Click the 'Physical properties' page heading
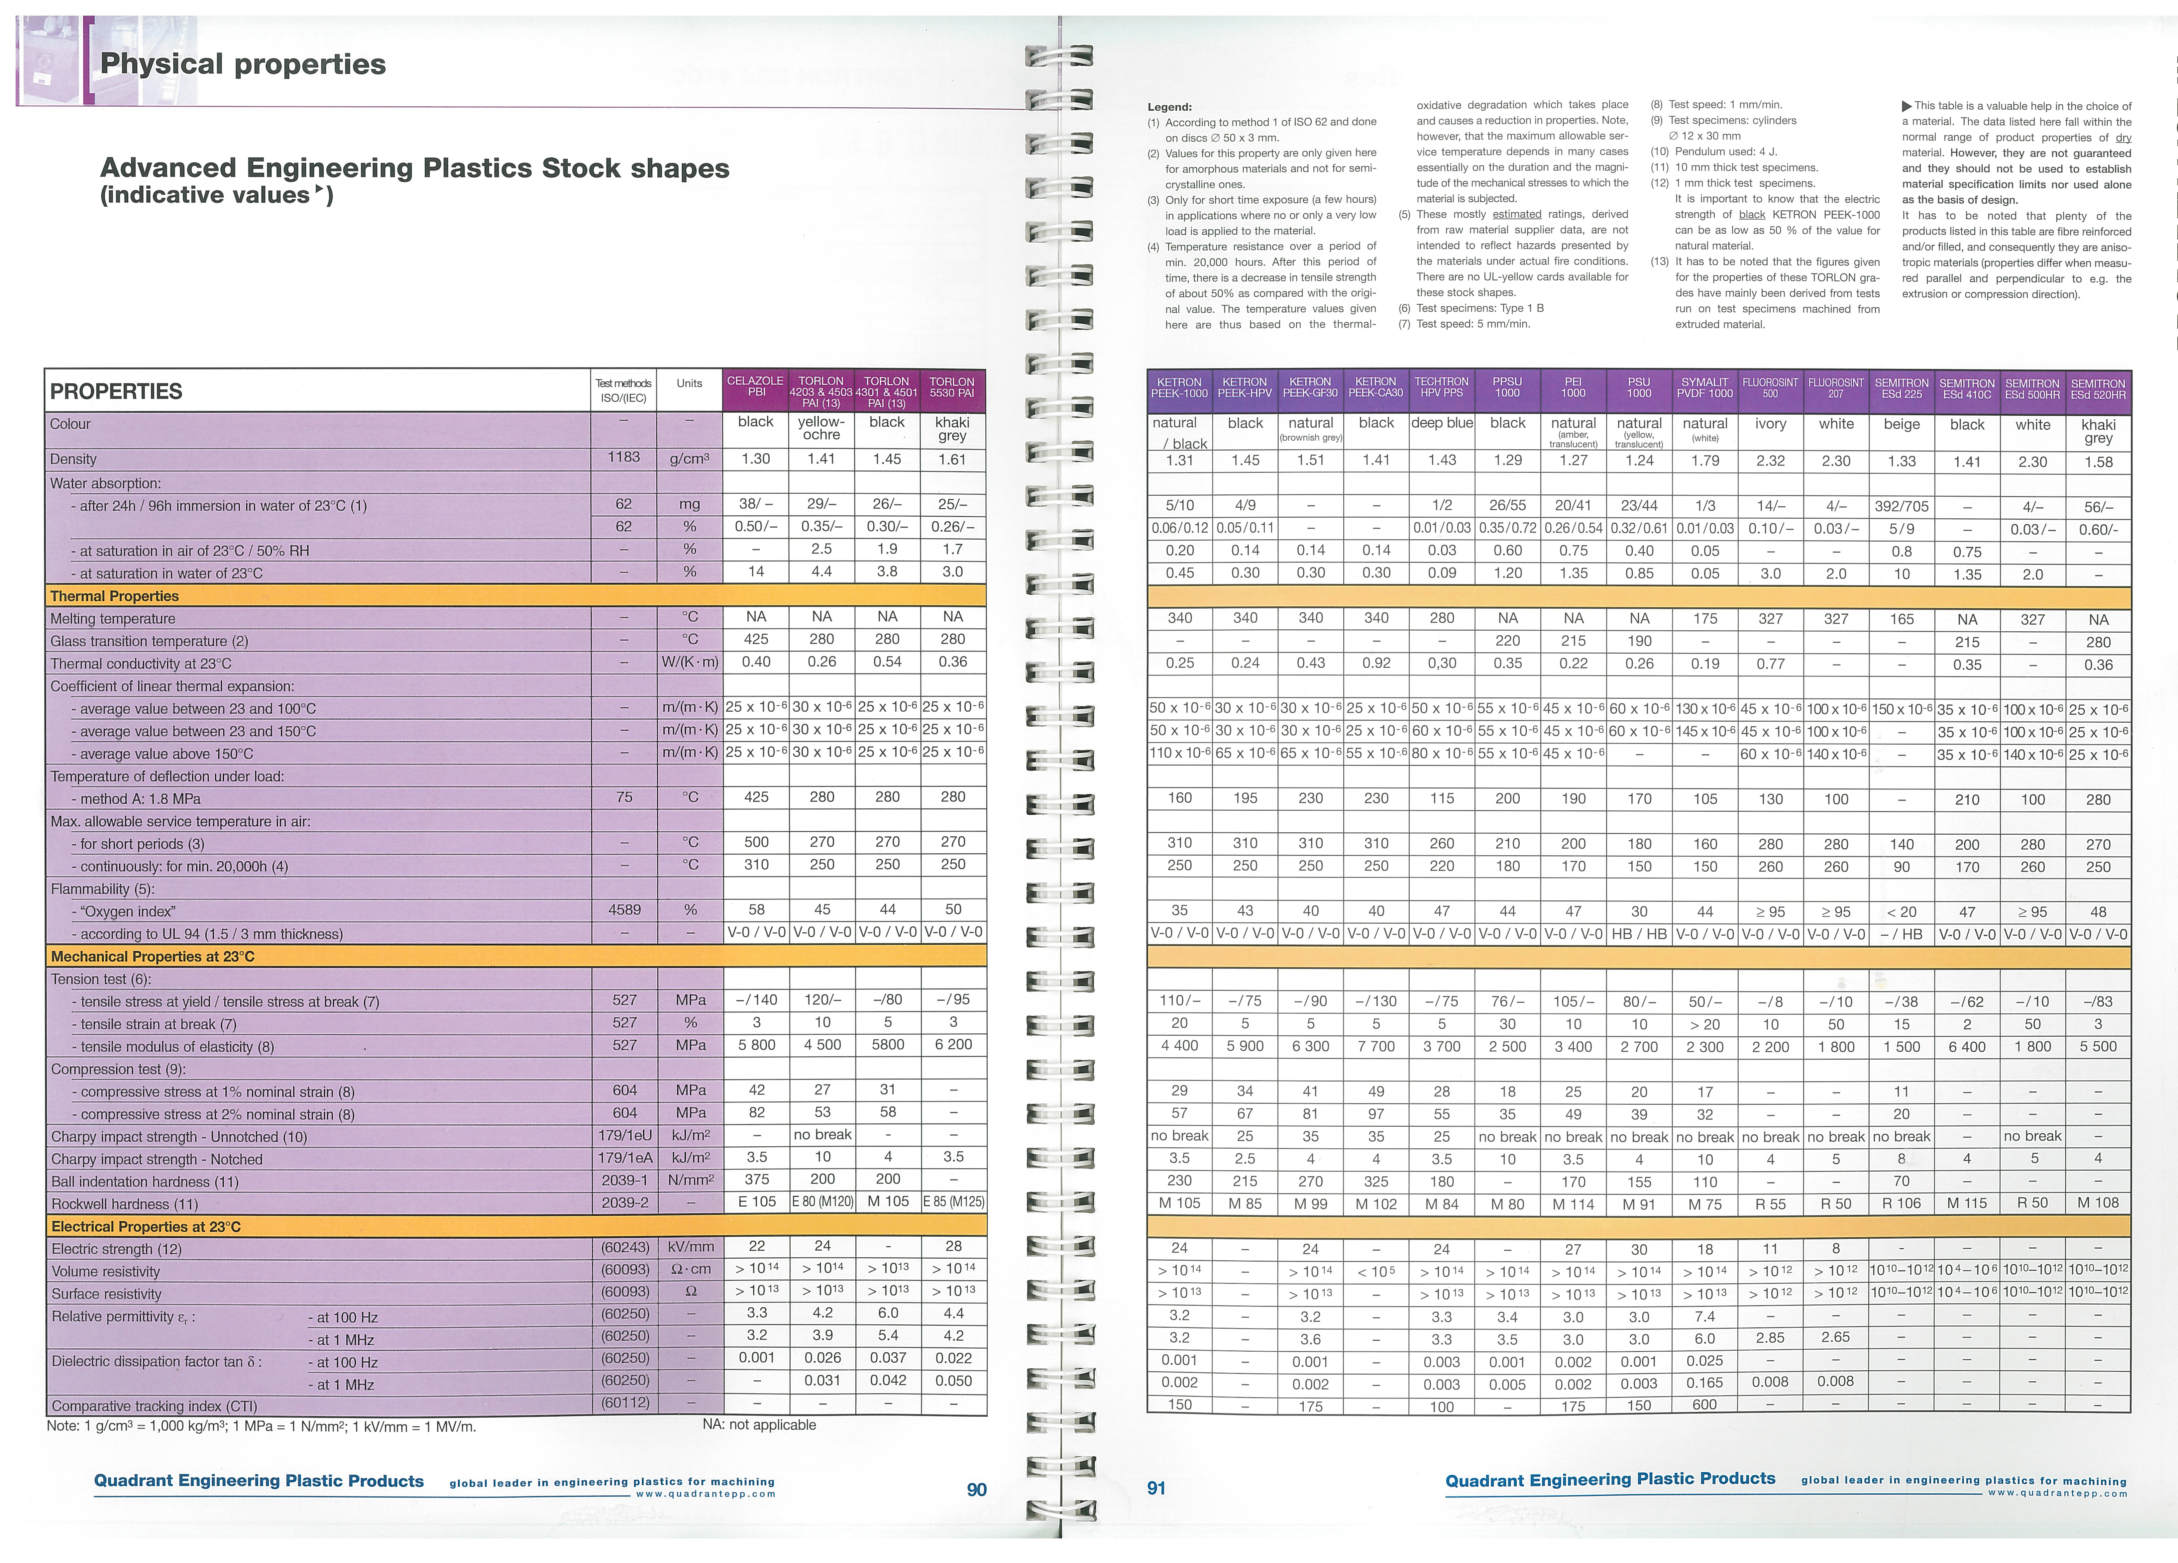[243, 64]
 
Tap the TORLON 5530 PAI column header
[952, 387]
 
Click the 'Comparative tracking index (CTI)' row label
[154, 1407]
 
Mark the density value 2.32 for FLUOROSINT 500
[1770, 461]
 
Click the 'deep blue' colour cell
[1442, 423]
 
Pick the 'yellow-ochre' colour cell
[821, 428]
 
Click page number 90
[976, 1489]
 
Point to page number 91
[1156, 1488]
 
